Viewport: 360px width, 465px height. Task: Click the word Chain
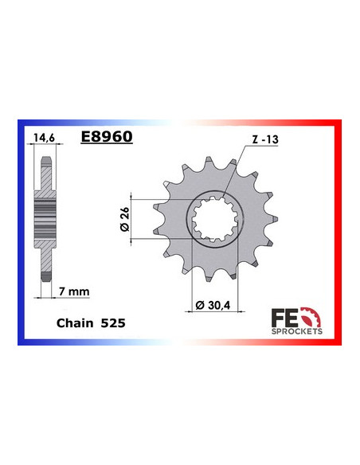tap(74, 325)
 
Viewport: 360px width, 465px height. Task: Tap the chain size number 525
tap(111, 325)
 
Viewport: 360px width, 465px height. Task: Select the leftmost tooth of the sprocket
tap(156, 209)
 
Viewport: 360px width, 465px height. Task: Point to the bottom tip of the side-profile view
tap(46, 275)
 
